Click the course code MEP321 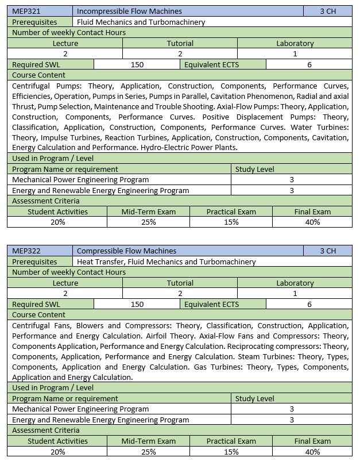tap(25, 11)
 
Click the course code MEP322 tap(25, 251)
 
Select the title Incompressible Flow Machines tap(129, 11)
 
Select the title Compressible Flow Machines tap(126, 251)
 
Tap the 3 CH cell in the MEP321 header tap(328, 11)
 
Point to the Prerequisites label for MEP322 tap(34, 262)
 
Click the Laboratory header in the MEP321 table tap(295, 43)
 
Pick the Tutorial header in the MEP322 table tap(180, 283)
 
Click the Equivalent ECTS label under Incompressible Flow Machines tap(211, 64)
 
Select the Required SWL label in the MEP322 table tap(36, 304)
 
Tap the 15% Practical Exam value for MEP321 tap(231, 222)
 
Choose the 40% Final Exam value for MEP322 tap(312, 452)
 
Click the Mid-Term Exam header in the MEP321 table tap(148, 212)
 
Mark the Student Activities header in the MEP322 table tap(57, 441)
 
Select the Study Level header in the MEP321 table tap(254, 169)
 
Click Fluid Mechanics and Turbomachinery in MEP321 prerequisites tap(141, 22)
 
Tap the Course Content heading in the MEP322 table tap(38, 314)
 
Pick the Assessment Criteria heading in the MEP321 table tap(46, 201)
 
